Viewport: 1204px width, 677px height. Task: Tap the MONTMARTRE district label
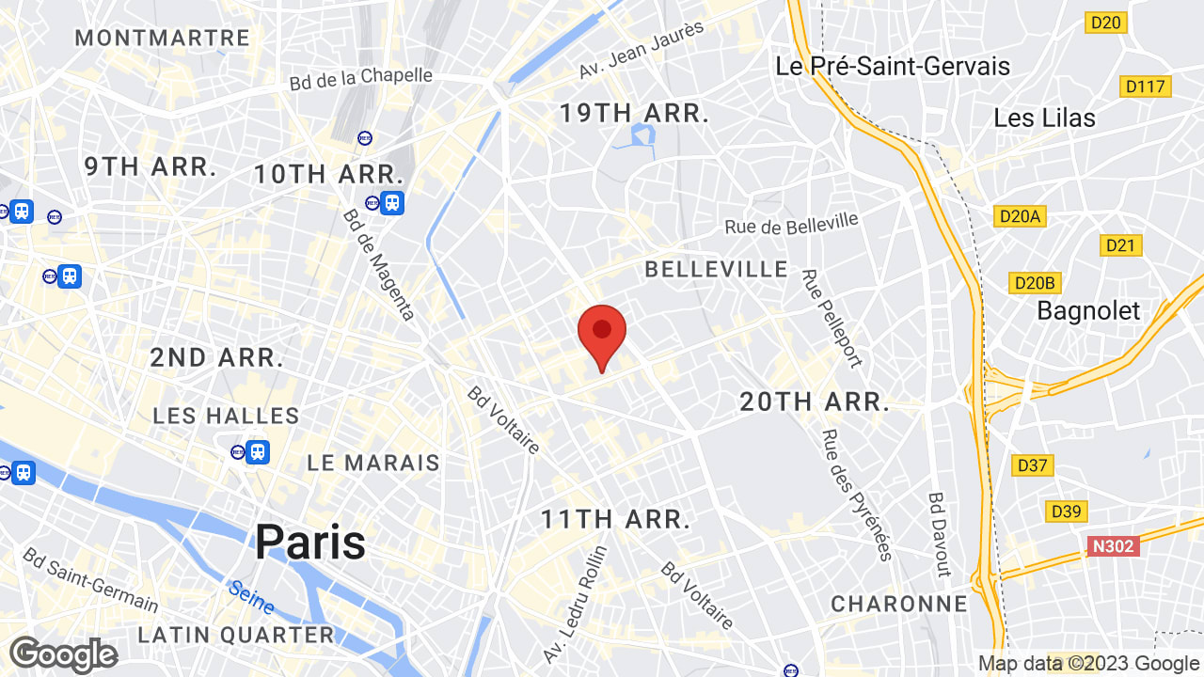162,39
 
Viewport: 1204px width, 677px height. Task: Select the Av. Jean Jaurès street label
642,51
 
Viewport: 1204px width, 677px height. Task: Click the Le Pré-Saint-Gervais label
893,66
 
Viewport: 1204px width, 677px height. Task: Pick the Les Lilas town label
1044,118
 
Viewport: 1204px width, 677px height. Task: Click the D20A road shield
1021,216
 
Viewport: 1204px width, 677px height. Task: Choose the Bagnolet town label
1088,310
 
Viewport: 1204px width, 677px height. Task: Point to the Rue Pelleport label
832,319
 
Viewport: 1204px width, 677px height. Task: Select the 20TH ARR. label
815,402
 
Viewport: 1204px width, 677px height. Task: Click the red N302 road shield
1113,546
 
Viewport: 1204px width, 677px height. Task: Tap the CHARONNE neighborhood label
899,604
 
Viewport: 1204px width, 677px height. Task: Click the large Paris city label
310,543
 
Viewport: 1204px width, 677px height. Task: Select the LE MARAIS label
373,463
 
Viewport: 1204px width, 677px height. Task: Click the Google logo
63,654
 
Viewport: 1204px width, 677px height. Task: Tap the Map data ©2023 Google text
1088,664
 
